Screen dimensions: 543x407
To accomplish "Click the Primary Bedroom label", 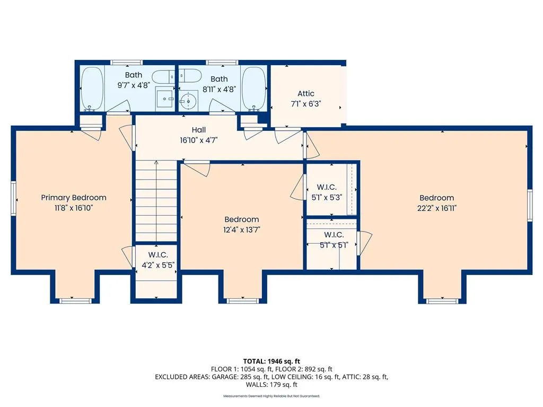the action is coord(74,198).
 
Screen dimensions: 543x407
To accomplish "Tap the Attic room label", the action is coord(306,93).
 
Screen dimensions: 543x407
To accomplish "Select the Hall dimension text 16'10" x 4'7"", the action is coord(199,140).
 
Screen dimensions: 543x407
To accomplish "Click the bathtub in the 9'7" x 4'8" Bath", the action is coord(92,88).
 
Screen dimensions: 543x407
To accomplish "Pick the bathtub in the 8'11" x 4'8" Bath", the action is coord(254,88).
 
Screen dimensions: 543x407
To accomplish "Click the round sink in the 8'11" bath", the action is coord(188,101).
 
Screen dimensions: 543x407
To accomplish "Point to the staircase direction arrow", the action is coord(156,202).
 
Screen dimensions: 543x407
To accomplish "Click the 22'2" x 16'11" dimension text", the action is coord(437,208).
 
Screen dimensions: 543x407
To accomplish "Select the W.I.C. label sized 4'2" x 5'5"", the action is coord(158,255).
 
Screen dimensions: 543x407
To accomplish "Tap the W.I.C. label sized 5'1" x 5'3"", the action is coord(327,187).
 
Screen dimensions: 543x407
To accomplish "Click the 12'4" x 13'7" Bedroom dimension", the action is coord(242,230).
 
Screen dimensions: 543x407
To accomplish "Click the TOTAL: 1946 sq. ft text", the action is coord(271,361).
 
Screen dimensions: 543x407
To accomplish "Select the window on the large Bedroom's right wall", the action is coord(530,205).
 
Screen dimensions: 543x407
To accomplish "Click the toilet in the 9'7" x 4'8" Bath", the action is coord(164,77).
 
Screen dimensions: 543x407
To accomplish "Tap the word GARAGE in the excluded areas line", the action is coord(224,377).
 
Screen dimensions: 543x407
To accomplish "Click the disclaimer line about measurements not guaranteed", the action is coord(271,396).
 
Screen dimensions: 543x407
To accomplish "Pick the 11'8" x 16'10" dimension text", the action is coord(74,208).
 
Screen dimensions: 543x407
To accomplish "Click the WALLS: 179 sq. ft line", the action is coord(271,385).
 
